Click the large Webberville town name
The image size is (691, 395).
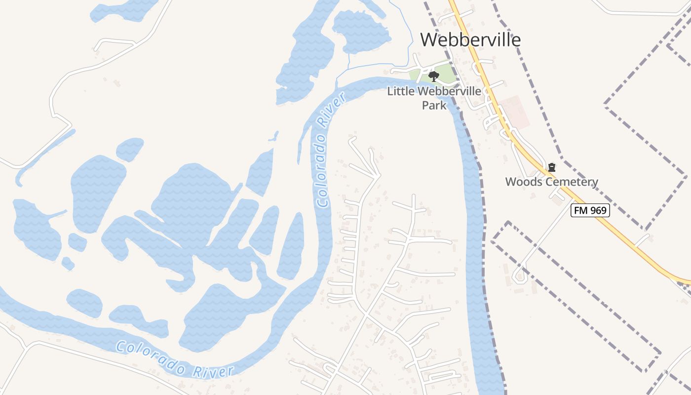(470, 39)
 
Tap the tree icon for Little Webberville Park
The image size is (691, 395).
(434, 77)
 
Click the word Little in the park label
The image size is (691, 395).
(401, 91)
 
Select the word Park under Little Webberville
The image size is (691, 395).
(434, 105)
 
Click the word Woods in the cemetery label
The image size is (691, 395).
(523, 182)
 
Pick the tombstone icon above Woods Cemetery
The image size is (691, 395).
(552, 168)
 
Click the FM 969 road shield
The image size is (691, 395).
(590, 210)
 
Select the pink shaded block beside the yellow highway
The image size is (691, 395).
(514, 113)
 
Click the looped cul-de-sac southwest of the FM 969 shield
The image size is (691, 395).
(519, 275)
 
